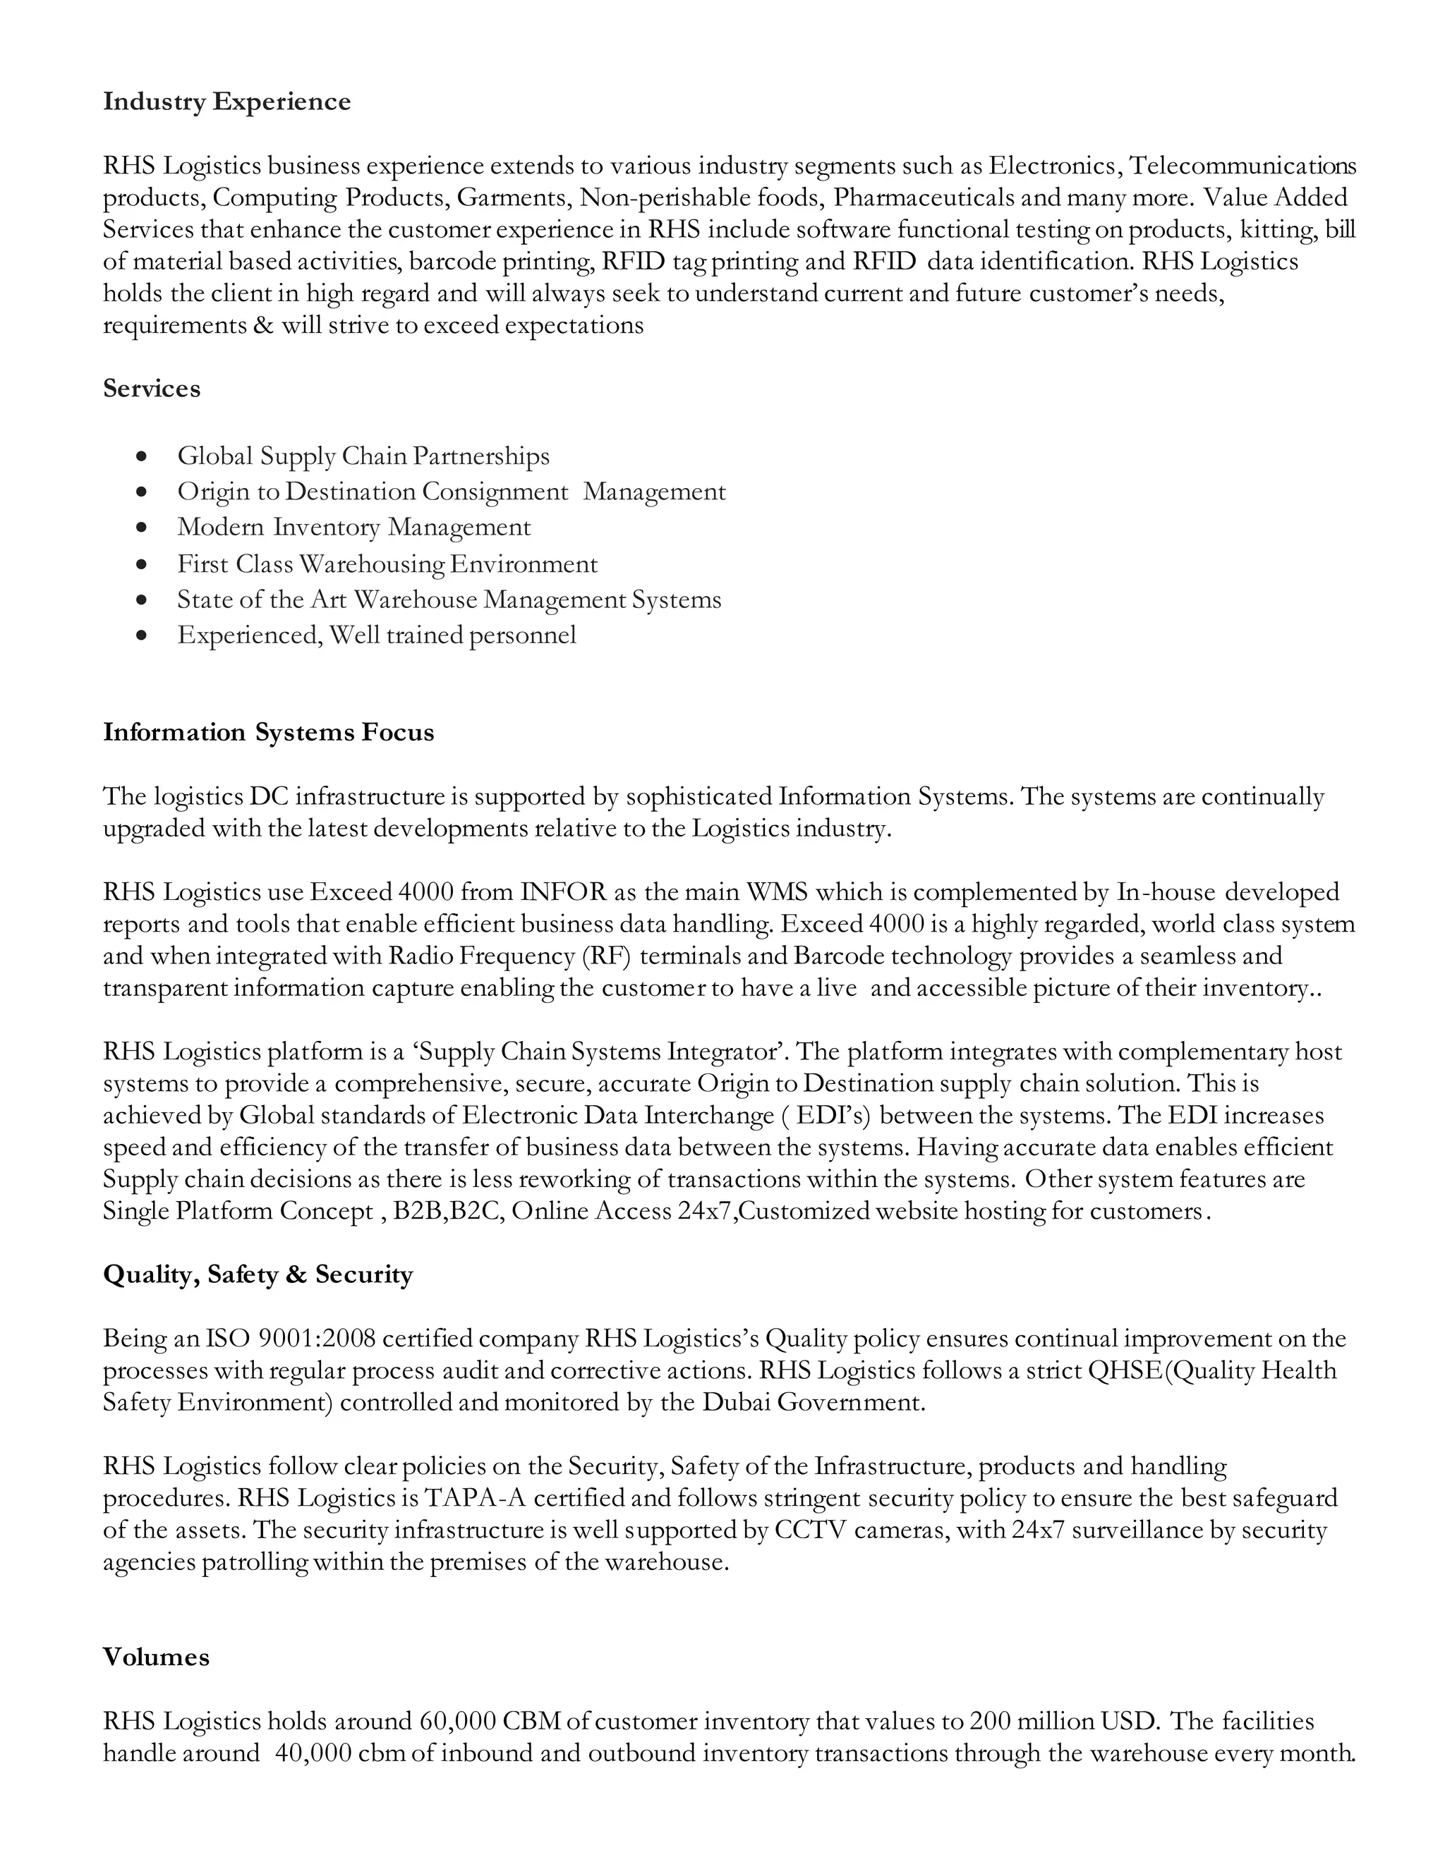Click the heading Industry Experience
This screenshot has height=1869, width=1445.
[x=227, y=102]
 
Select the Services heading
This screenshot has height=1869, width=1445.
[x=152, y=389]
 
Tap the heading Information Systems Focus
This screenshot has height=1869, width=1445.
[x=268, y=733]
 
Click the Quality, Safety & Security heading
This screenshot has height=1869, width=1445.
[x=258, y=1274]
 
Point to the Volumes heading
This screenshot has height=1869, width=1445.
[x=156, y=1657]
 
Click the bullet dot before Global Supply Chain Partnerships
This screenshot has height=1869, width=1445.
[x=142, y=457]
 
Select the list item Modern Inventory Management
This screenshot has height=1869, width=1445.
[x=353, y=527]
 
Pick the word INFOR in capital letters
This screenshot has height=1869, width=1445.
[x=563, y=893]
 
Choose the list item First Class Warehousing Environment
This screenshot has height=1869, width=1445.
[x=387, y=565]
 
